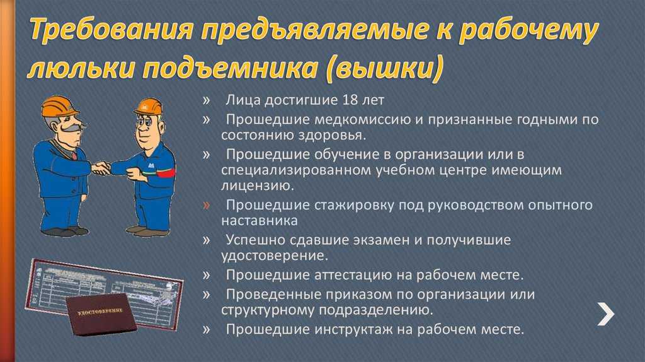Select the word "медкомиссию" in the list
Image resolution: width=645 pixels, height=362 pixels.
click(350, 119)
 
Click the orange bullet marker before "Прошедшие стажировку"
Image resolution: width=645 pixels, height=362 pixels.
click(207, 205)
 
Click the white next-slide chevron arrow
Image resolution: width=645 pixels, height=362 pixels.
click(605, 313)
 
